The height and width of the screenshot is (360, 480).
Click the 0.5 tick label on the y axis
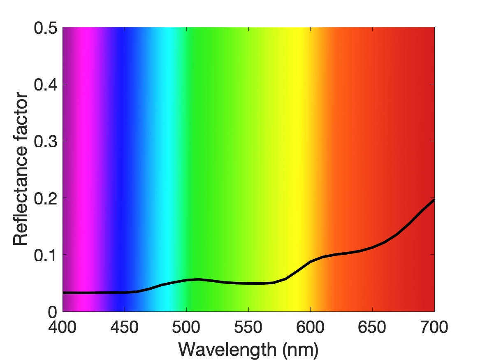(45, 28)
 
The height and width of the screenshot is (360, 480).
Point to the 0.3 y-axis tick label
(45, 141)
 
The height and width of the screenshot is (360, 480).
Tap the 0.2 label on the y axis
(45, 198)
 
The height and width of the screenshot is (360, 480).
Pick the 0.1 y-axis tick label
(45, 255)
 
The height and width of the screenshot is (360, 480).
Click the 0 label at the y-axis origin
(52, 312)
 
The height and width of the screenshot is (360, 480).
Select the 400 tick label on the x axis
(63, 327)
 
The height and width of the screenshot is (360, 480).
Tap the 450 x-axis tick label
(124, 327)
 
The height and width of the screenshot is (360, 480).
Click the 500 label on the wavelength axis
(186, 327)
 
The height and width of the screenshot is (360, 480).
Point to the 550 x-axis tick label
(248, 327)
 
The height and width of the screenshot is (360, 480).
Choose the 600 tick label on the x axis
(310, 327)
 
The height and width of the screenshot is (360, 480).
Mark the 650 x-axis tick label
(372, 327)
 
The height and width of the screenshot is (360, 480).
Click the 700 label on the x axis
(434, 327)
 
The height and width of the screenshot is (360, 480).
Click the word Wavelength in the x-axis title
(227, 350)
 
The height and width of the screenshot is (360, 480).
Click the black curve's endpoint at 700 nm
(434, 200)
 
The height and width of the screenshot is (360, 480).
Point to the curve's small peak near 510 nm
(199, 279)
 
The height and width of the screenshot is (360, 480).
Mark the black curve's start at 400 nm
(63, 293)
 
